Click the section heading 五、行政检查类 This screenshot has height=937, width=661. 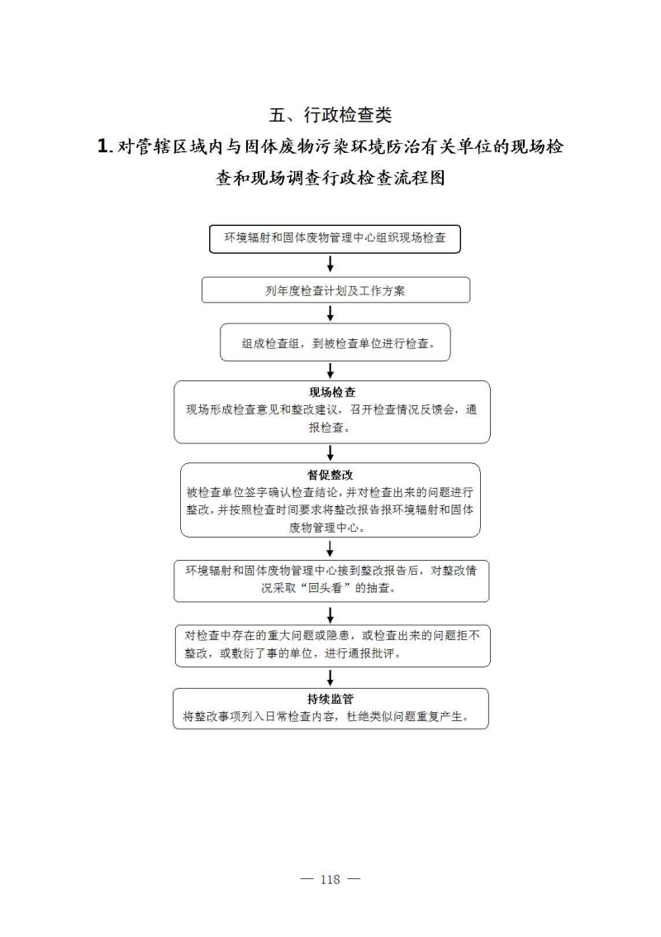pyautogui.click(x=330, y=115)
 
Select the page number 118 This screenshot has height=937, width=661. pyautogui.click(x=330, y=879)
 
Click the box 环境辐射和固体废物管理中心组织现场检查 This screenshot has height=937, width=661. pyautogui.click(x=335, y=238)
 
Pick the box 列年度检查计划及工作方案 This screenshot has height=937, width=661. pyautogui.click(x=335, y=289)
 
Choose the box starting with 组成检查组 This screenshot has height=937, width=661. pyautogui.click(x=335, y=342)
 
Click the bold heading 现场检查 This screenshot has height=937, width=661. pyautogui.click(x=332, y=392)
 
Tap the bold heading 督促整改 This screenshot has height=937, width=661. pyautogui.click(x=330, y=475)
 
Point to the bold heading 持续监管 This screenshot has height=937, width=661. pyautogui.click(x=330, y=699)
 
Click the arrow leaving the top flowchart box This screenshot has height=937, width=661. pyautogui.click(x=330, y=264)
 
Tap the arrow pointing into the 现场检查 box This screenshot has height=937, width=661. pyautogui.click(x=330, y=370)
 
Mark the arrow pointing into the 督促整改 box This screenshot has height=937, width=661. pyautogui.click(x=330, y=453)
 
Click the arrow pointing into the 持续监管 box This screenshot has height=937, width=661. pyautogui.click(x=330, y=677)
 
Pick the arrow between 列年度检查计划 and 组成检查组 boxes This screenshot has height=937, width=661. pyautogui.click(x=330, y=313)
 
